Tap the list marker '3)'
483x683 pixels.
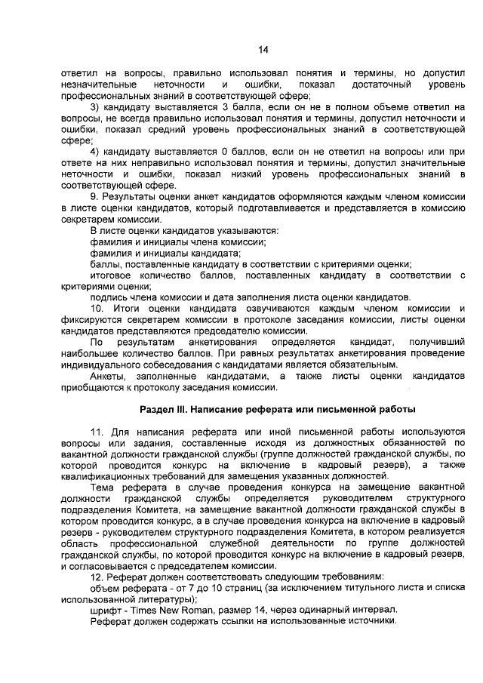click(96, 108)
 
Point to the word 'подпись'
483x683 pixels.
click(109, 297)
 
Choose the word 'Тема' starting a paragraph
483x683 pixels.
click(103, 488)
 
